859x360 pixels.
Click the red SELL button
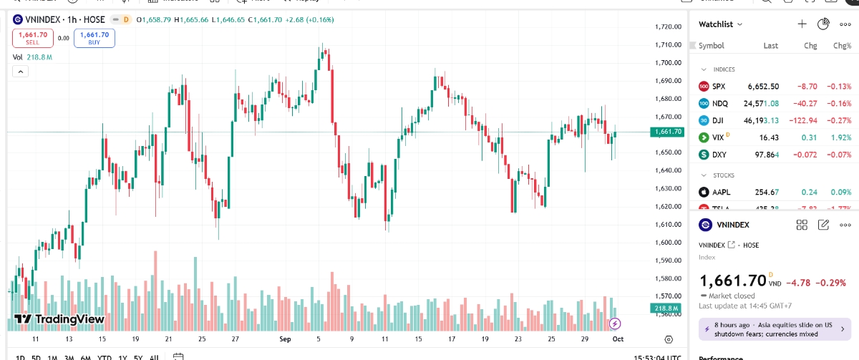(x=32, y=38)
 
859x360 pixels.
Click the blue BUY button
(x=94, y=38)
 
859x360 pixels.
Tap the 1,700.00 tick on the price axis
(x=667, y=63)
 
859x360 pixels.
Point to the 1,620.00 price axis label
(x=667, y=207)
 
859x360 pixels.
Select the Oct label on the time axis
(x=618, y=339)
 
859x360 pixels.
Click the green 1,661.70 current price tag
(x=667, y=132)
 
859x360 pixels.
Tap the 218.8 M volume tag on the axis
(x=667, y=308)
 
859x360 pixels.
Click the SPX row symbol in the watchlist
(x=719, y=87)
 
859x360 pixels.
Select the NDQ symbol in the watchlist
(x=720, y=104)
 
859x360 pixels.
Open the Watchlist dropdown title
(x=720, y=24)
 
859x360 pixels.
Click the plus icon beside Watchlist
(x=802, y=24)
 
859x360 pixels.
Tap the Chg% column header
(x=842, y=46)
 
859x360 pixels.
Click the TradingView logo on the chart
(x=59, y=319)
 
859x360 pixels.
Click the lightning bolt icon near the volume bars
(x=613, y=324)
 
